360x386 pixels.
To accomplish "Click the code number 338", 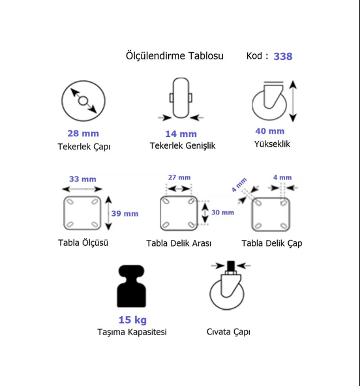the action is coord(283,56).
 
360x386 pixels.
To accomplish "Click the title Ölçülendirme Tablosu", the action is coord(175,56).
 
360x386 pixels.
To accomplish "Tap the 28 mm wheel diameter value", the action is coord(83,134).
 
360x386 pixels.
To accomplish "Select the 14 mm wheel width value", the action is coord(181,134).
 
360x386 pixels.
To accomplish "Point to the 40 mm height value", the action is coord(270,131).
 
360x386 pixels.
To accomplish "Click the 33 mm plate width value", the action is coord(83,179).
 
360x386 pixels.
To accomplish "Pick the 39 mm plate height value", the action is coord(125,213).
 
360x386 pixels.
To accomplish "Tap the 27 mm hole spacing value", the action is coord(179,177).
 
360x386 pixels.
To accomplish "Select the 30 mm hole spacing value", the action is coord(222,213).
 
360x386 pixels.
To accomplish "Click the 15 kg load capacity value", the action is coord(132,320).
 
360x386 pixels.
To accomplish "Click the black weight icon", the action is coord(132,286).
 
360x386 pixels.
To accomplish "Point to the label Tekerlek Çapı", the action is coord(84,147).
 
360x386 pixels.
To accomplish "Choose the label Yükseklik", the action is coord(272,144).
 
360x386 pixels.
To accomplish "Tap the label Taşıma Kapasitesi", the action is coord(132,332).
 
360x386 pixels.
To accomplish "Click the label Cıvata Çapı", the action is coord(228,332).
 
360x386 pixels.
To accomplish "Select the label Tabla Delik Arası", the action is coord(179,243).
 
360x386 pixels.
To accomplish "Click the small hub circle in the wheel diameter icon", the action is coord(83,100).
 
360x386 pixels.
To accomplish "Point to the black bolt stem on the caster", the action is coord(231,265).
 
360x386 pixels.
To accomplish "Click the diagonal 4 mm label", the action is coord(239,185).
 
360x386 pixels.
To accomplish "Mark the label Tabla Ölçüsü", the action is coord(83,243).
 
